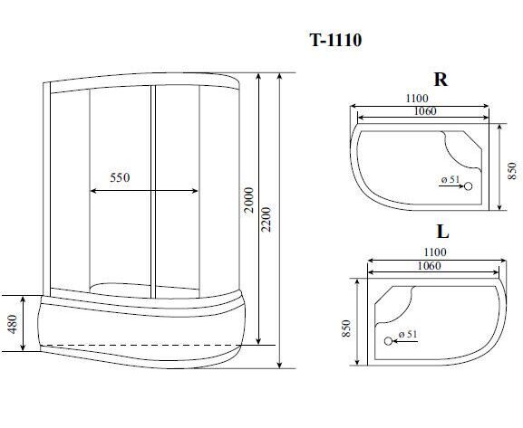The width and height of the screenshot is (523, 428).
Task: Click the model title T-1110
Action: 335,40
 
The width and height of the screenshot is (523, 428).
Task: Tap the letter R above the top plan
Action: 441,80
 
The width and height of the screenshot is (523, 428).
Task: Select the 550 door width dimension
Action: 120,177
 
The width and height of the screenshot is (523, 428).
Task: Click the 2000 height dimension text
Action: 249,200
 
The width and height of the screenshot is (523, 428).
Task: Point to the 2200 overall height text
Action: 266,220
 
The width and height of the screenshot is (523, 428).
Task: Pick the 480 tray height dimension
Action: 13,324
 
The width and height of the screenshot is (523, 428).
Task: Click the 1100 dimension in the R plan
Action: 417,99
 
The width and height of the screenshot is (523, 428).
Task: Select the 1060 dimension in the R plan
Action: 425,111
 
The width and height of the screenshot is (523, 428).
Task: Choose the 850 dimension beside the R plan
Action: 512,171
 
